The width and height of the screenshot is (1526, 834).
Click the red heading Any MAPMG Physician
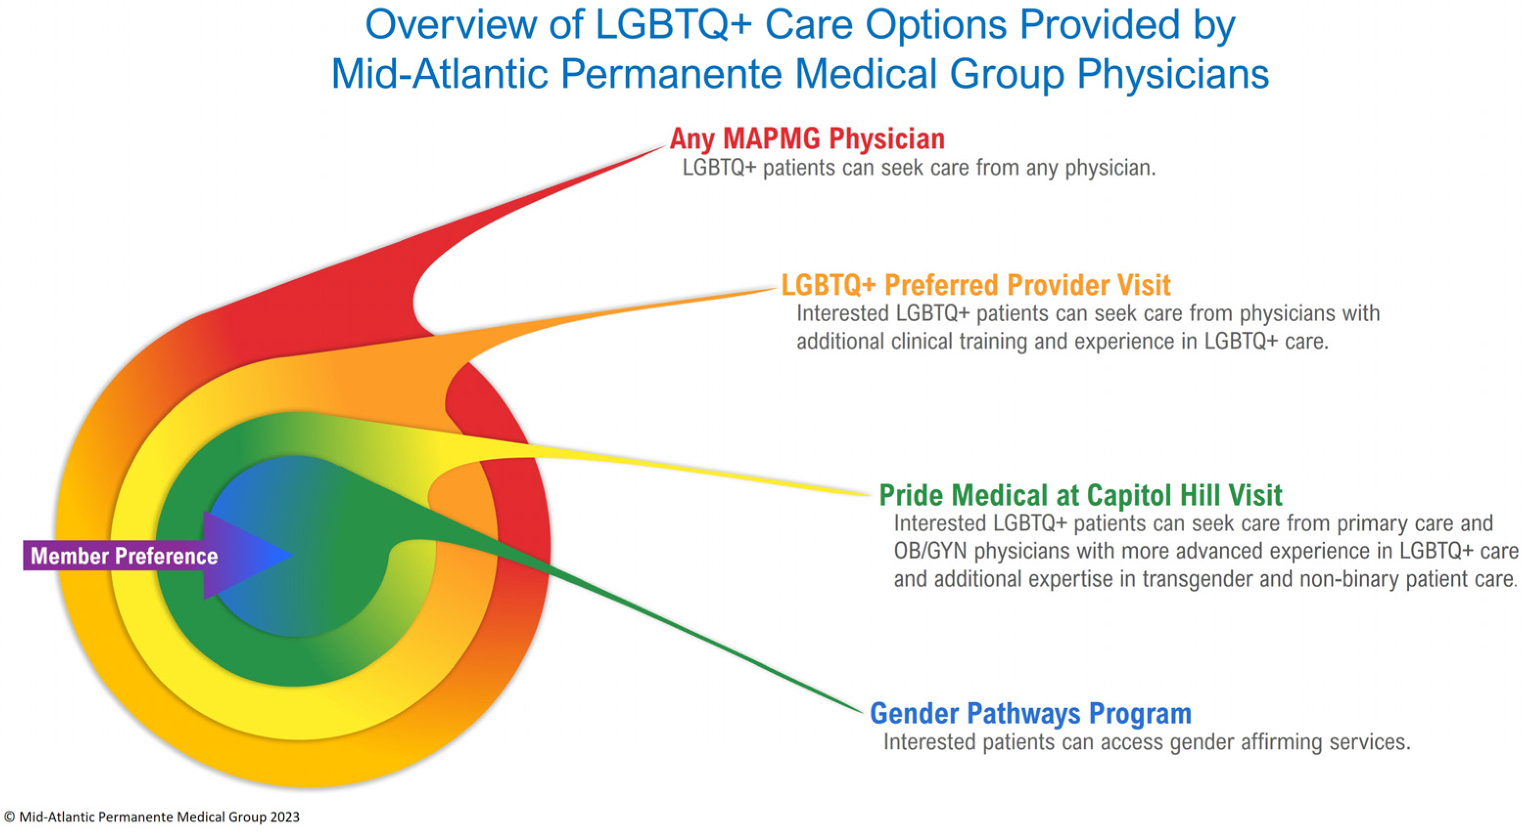(807, 139)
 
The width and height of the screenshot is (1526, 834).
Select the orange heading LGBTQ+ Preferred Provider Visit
(975, 285)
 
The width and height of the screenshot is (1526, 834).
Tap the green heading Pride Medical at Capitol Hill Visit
(1080, 496)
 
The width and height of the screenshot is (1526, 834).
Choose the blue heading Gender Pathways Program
(1030, 713)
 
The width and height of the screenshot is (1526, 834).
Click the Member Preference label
(124, 556)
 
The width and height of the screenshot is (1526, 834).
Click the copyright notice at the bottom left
(152, 817)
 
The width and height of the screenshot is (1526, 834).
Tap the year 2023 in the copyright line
(285, 817)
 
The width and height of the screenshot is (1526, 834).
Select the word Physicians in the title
(1172, 74)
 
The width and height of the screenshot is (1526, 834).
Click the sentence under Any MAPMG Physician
(918, 168)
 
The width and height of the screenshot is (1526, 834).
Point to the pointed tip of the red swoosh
(663, 147)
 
